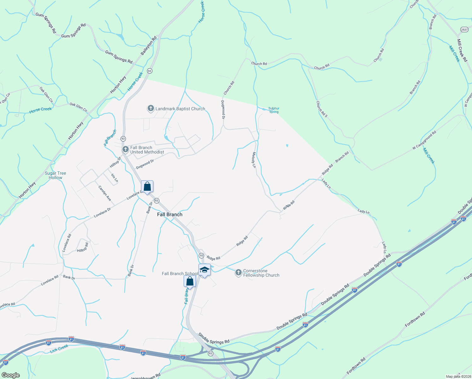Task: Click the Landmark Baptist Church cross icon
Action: (151, 109)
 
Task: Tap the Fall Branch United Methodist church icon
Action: (125, 149)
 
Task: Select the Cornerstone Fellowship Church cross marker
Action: (239, 272)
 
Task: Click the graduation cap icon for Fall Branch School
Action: (204, 270)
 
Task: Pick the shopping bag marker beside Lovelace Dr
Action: (147, 186)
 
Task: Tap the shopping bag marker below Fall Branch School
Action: (190, 281)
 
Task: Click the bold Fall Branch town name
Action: (170, 214)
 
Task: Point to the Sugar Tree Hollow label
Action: (56, 175)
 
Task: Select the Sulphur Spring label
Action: (274, 110)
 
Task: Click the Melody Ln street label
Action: (254, 160)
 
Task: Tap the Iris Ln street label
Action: (115, 178)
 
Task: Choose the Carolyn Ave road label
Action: (105, 193)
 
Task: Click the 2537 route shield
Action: (464, 29)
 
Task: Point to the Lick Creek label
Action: (59, 349)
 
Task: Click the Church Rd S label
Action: (322, 109)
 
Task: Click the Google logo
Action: (10, 375)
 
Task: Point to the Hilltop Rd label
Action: (83, 247)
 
